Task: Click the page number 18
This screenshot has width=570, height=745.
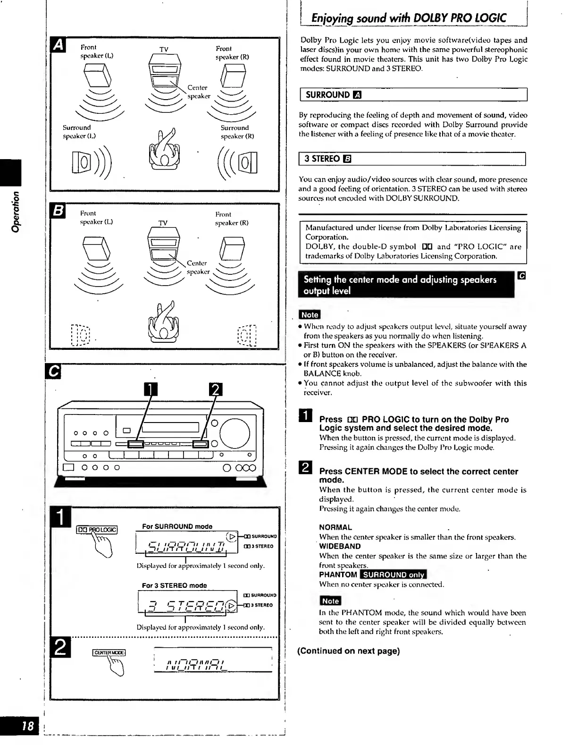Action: click(28, 726)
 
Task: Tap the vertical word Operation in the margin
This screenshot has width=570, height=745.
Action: click(17, 211)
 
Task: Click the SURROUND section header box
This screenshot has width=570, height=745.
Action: click(413, 95)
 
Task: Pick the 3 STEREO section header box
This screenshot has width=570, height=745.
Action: click(412, 159)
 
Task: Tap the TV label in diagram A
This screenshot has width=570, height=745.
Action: click(164, 50)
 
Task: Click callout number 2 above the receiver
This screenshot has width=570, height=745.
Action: click(215, 389)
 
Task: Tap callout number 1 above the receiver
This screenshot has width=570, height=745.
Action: click(150, 389)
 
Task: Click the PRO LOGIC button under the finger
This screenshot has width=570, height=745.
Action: click(97, 530)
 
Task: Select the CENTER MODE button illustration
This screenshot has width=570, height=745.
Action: click(109, 652)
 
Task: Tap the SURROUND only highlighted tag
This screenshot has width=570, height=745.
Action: click(393, 575)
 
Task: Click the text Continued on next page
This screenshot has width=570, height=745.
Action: click(348, 651)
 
